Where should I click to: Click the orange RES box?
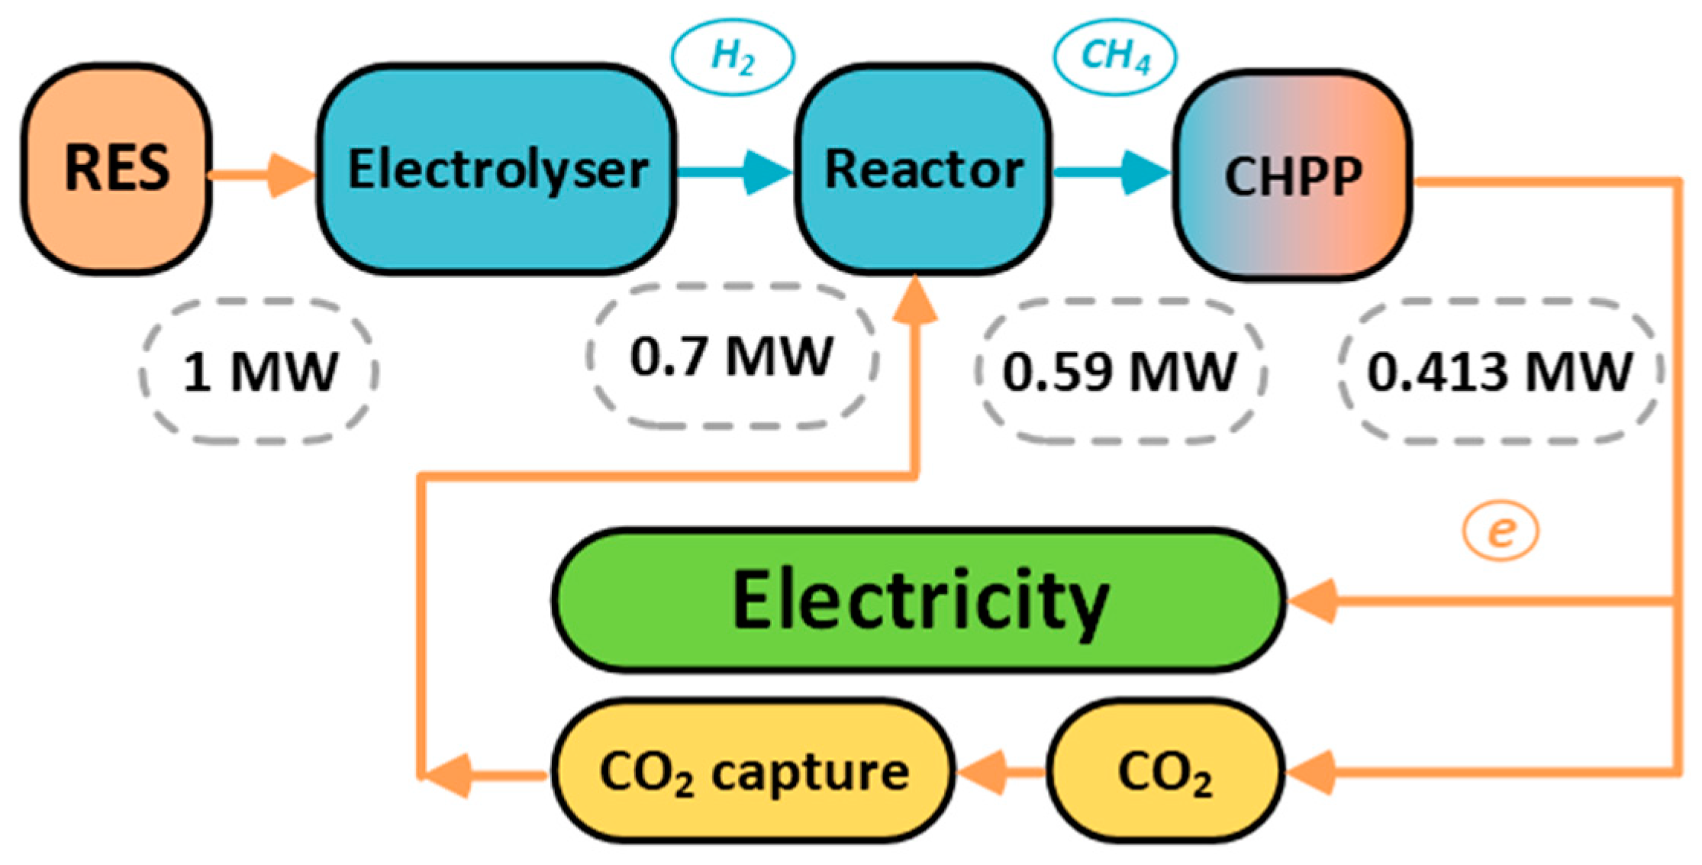116,169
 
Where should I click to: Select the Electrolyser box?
497,169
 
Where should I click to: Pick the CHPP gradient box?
1292,176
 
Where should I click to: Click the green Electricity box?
919,601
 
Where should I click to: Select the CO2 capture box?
753,772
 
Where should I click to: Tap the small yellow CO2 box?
1165,772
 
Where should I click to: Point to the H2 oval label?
732,56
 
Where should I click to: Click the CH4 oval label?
1115,56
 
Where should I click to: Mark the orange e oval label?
1501,531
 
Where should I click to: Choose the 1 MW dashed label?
259,372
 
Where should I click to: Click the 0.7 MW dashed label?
731,356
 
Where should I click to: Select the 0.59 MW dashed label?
1120,372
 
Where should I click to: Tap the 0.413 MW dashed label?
1500,372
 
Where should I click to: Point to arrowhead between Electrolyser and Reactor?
767,173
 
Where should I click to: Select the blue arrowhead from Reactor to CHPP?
1145,173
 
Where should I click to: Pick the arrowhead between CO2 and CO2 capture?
983,773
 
